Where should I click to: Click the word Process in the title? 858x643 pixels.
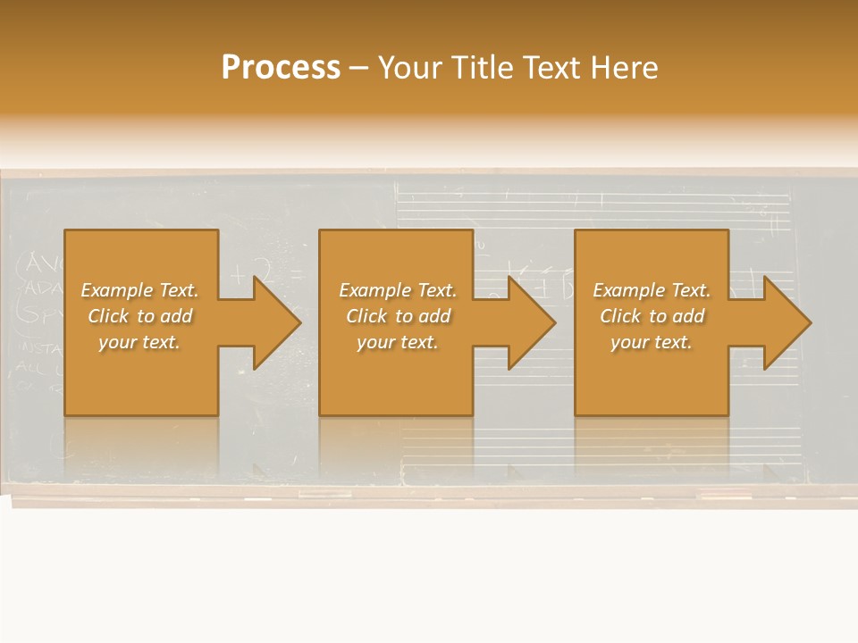click(x=281, y=68)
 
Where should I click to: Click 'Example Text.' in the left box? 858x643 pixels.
click(x=140, y=290)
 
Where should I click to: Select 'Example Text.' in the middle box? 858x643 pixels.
click(x=398, y=290)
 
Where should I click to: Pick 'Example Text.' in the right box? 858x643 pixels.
click(x=652, y=290)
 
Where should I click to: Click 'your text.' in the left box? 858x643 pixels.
click(x=140, y=342)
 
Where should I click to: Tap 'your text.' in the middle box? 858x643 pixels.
click(x=398, y=342)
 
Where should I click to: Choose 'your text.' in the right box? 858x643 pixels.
click(x=652, y=342)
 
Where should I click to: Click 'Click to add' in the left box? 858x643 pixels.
click(x=140, y=316)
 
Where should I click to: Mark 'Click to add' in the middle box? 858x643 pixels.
click(x=398, y=316)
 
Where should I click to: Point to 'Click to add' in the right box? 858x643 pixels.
click(x=652, y=316)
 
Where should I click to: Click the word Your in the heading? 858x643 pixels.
click(x=408, y=68)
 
